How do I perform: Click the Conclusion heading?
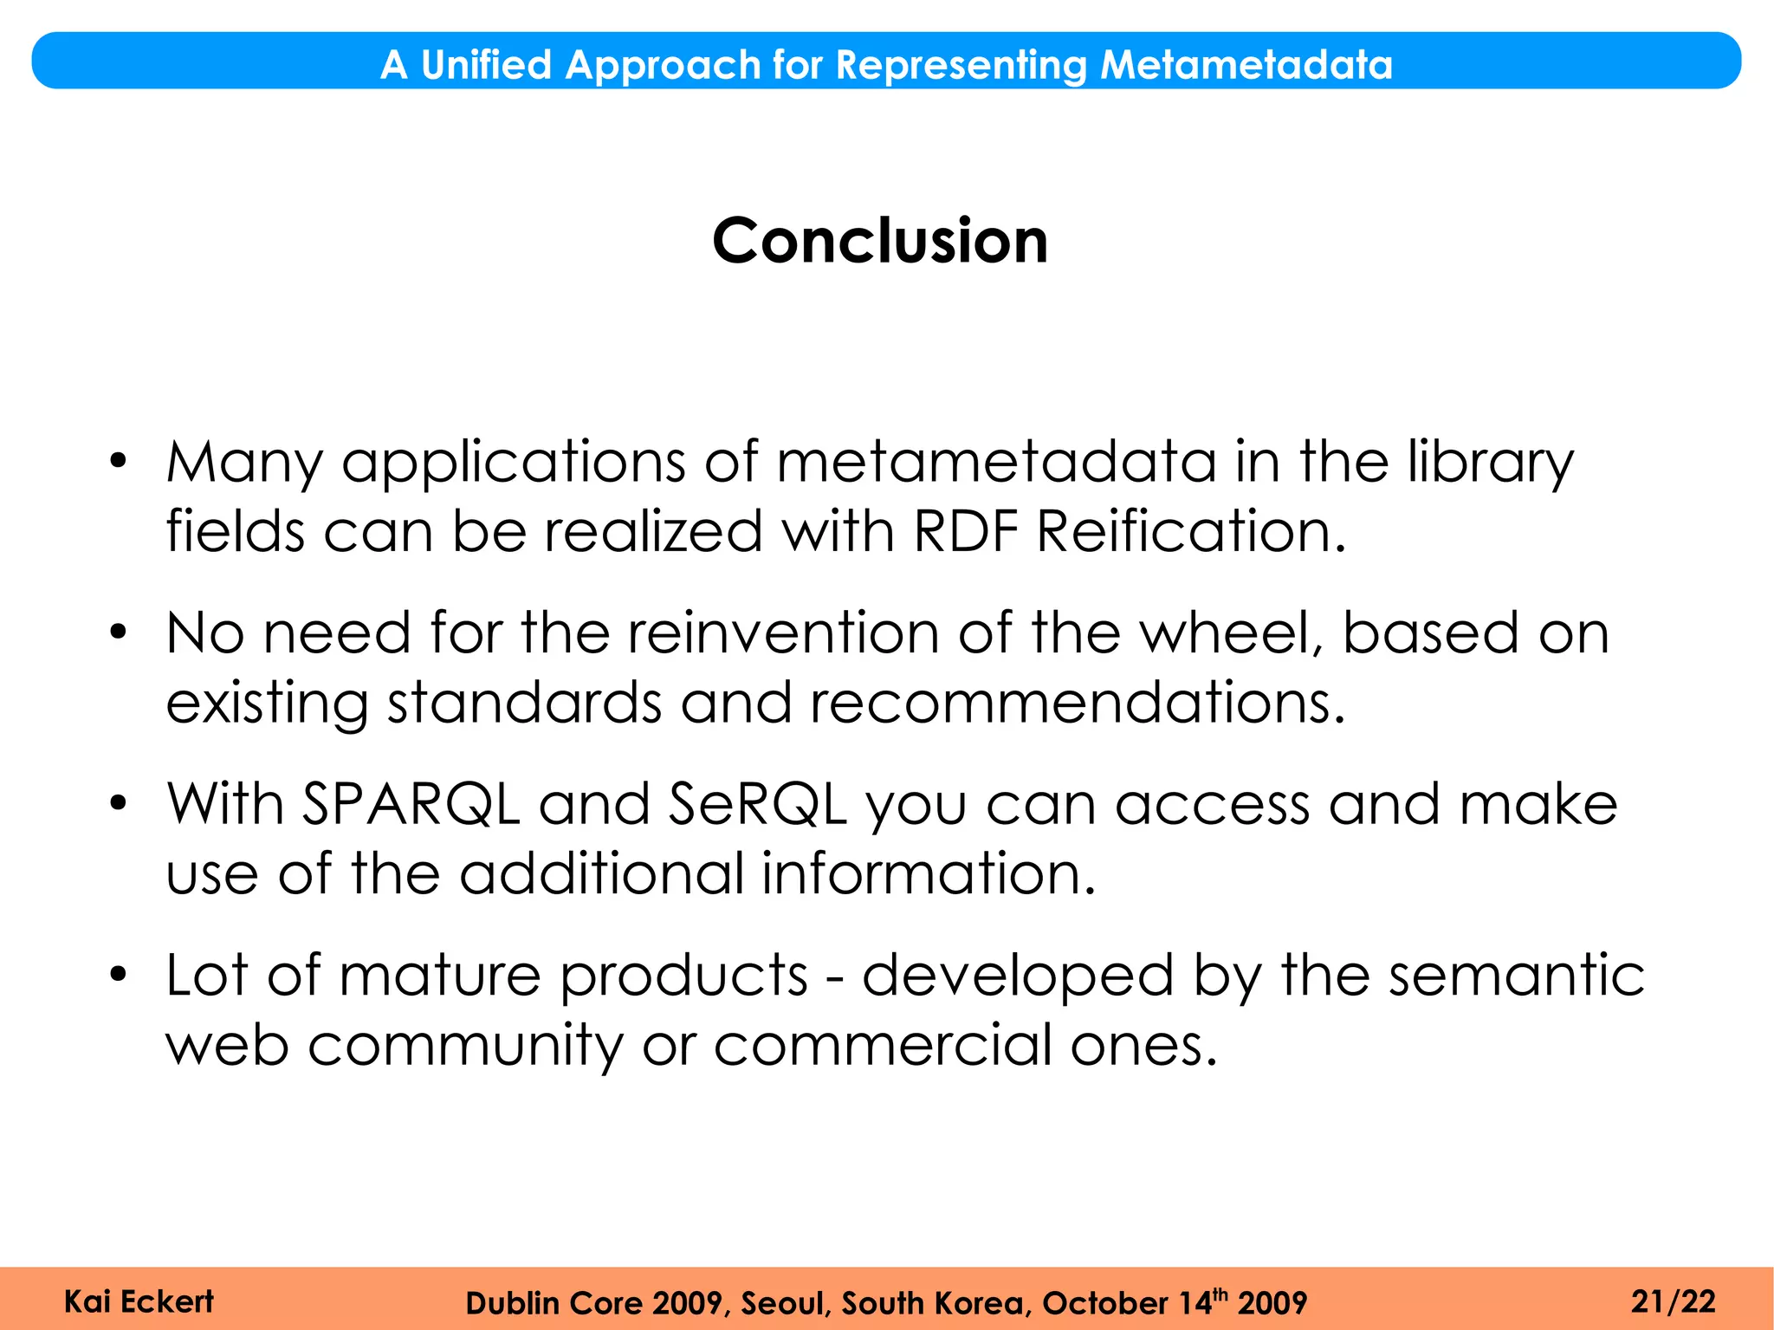pyautogui.click(x=880, y=241)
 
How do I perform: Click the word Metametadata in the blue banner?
pyautogui.click(x=1246, y=65)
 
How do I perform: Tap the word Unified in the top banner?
pyautogui.click(x=486, y=65)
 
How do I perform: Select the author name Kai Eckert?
pyautogui.click(x=139, y=1301)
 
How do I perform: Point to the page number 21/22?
pyautogui.click(x=1673, y=1301)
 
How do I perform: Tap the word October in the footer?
pyautogui.click(x=1104, y=1303)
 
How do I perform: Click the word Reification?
pyautogui.click(x=1191, y=531)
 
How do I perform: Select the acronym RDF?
pyautogui.click(x=965, y=531)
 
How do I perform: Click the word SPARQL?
pyautogui.click(x=411, y=804)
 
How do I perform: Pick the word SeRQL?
pyautogui.click(x=757, y=804)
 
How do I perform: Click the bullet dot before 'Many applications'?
pyautogui.click(x=119, y=460)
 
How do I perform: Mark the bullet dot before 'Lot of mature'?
pyautogui.click(x=119, y=974)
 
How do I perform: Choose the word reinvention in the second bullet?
pyautogui.click(x=783, y=633)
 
